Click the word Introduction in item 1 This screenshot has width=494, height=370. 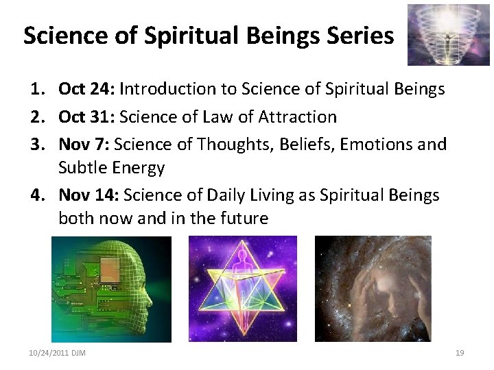(167, 89)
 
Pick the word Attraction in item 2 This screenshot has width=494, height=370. (297, 117)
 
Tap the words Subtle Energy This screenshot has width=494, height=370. (111, 168)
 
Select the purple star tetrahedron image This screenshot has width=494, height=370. (242, 288)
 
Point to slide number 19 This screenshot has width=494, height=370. (460, 353)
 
